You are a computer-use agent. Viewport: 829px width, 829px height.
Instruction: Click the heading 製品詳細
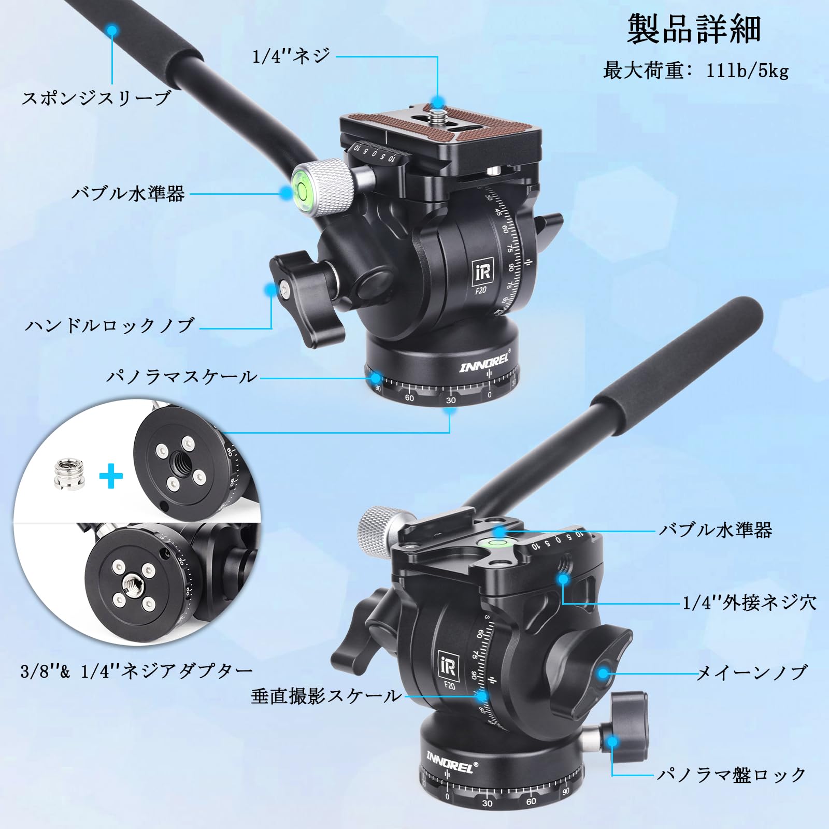[x=694, y=30]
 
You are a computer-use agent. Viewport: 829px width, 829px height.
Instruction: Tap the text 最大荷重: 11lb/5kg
[x=695, y=70]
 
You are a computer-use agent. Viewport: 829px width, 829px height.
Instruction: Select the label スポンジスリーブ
[x=96, y=98]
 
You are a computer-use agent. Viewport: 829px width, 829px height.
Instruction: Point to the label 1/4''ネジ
[x=291, y=56]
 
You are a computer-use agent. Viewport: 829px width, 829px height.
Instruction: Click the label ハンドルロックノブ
[x=110, y=325]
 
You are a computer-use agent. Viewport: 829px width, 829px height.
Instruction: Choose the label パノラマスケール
[x=181, y=376]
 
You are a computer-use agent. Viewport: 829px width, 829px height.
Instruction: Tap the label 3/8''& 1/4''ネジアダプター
[x=136, y=671]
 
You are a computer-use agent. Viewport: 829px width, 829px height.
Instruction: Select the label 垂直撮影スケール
[x=326, y=696]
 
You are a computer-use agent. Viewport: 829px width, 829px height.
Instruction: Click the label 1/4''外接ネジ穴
[x=749, y=603]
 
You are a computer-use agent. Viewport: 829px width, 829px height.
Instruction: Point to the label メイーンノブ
[x=752, y=673]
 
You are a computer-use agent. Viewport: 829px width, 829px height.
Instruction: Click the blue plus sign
[x=111, y=476]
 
